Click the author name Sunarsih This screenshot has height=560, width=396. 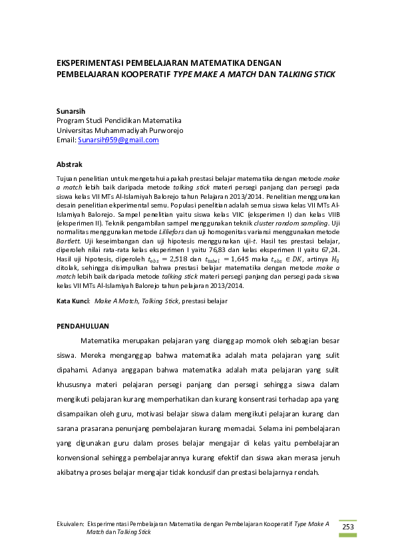71,110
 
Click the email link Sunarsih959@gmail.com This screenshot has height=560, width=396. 118,140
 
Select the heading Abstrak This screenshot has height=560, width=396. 69,164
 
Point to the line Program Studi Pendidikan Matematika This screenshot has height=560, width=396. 119,120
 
